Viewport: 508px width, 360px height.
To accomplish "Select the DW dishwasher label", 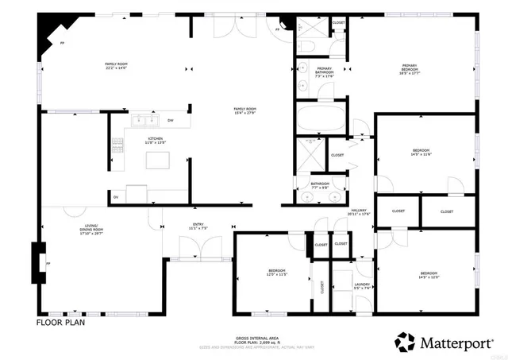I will click(x=170, y=121).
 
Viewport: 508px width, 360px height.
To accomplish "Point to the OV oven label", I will click(x=116, y=196).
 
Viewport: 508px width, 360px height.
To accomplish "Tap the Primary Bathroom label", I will click(x=324, y=71).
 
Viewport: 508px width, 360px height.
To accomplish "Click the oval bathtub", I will click(x=321, y=121).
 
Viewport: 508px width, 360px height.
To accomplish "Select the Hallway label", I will click(x=360, y=213).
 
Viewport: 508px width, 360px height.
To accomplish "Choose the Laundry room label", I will click(x=361, y=285).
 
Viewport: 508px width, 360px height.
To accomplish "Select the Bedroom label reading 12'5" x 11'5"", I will click(x=276, y=274).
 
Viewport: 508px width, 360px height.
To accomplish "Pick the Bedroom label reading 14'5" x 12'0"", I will click(x=429, y=275).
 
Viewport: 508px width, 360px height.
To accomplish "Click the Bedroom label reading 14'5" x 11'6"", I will click(x=421, y=153).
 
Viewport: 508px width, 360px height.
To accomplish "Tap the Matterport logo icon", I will click(x=405, y=342).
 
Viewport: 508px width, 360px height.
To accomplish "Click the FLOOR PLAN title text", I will click(x=60, y=323).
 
